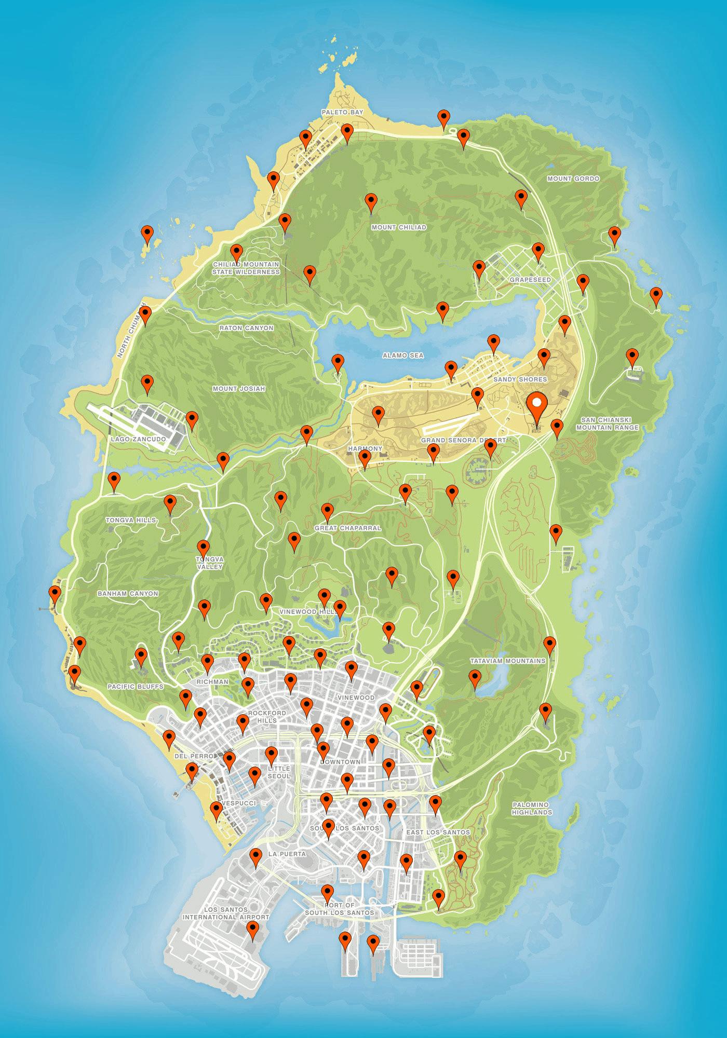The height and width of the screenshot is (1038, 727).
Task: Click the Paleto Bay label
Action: pyautogui.click(x=342, y=112)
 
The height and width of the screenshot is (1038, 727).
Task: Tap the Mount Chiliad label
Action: pyautogui.click(x=399, y=227)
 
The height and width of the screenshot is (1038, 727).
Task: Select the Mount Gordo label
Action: pyautogui.click(x=573, y=179)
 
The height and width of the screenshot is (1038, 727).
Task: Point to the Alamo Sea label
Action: pyautogui.click(x=403, y=356)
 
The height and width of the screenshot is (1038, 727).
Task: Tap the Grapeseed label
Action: pyautogui.click(x=530, y=280)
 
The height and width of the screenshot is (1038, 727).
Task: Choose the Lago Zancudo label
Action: pyautogui.click(x=138, y=439)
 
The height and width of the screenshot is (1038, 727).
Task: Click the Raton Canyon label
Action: pyautogui.click(x=246, y=328)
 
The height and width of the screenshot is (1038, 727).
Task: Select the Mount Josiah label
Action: pyautogui.click(x=239, y=389)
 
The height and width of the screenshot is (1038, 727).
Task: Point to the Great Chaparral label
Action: pyautogui.click(x=348, y=528)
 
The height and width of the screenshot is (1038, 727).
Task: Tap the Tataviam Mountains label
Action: pyautogui.click(x=507, y=661)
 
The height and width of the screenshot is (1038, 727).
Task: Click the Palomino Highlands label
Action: pyautogui.click(x=531, y=808)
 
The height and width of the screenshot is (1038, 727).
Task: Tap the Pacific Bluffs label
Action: pyautogui.click(x=135, y=686)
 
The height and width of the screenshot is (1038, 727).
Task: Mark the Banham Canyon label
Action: pyautogui.click(x=128, y=593)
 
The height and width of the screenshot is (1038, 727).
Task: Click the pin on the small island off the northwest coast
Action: pyautogui.click(x=148, y=235)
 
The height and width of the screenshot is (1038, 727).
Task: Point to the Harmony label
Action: pyautogui.click(x=365, y=448)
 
